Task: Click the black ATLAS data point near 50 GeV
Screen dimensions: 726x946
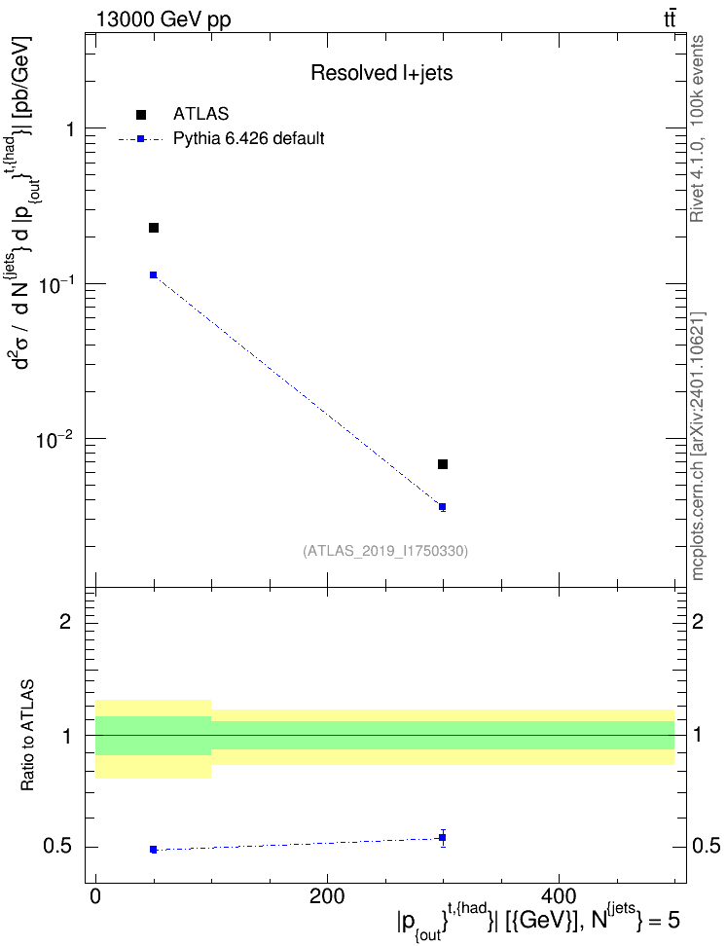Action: tap(154, 228)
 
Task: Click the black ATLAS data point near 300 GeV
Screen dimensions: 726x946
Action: tap(443, 464)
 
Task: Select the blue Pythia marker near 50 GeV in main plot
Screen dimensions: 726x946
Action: tap(154, 274)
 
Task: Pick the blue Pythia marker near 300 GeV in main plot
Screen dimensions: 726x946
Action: tap(443, 507)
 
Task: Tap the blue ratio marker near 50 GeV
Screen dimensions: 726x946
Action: tap(154, 850)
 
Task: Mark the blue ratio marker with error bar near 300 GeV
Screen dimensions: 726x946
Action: tap(443, 837)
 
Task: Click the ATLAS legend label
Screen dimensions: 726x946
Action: tap(200, 114)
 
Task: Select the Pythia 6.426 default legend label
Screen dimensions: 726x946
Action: tap(248, 138)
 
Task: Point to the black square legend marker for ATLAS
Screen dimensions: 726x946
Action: tap(140, 114)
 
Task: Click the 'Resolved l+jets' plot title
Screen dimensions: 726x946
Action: tap(381, 73)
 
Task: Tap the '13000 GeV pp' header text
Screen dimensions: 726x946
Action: tap(163, 19)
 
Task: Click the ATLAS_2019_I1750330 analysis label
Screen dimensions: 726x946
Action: tap(385, 550)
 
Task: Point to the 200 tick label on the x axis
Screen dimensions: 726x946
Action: tap(327, 896)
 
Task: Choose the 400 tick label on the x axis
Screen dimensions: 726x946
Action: tap(559, 896)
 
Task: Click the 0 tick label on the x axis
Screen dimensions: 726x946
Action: tap(96, 896)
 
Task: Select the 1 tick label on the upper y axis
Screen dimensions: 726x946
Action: tap(70, 128)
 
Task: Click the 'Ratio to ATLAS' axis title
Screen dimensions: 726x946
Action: tap(27, 736)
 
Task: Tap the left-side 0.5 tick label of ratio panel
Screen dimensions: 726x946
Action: tap(58, 847)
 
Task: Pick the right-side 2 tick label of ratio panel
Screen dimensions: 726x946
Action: tap(697, 621)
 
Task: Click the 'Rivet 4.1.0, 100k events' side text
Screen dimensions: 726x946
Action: tap(697, 129)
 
